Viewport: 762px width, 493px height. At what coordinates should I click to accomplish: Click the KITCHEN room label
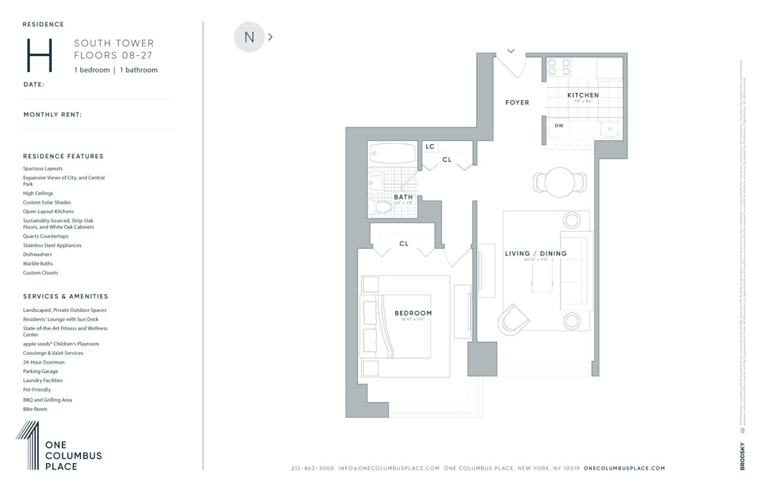(583, 95)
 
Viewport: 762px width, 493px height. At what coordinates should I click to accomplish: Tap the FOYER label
(517, 103)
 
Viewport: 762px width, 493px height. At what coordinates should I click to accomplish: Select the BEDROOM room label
(413, 313)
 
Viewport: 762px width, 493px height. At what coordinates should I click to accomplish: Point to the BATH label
(403, 197)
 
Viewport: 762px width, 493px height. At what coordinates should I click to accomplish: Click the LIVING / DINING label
(536, 254)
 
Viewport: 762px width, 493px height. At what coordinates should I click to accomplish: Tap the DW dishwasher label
(559, 126)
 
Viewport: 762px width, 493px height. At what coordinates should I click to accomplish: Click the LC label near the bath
(430, 147)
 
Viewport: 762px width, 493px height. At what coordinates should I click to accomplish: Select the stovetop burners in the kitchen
(559, 67)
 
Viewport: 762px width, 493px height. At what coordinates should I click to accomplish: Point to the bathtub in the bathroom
(393, 152)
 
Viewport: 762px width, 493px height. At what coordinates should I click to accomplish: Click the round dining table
(559, 182)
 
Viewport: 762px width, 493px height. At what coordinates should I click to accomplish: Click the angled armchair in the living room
(513, 319)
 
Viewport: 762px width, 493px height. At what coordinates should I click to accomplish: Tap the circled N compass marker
(249, 37)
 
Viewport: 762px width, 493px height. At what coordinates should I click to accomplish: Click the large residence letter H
(40, 55)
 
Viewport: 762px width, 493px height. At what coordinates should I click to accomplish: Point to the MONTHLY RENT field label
(52, 115)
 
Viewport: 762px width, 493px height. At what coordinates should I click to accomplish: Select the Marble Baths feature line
(38, 263)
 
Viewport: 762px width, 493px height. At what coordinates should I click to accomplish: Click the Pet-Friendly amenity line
(37, 389)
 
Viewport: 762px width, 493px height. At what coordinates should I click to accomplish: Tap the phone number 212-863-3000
(312, 468)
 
